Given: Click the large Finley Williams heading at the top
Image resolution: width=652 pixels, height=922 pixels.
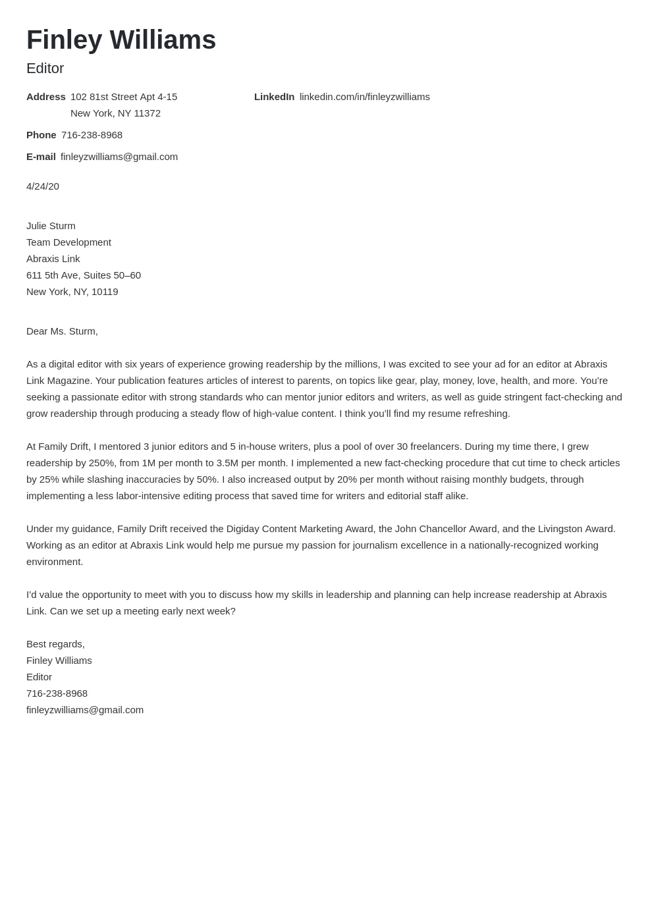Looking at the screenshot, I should (121, 40).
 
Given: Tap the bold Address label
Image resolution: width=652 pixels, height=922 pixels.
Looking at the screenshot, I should (46, 97).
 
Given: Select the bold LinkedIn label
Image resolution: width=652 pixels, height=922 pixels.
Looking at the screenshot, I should (274, 97).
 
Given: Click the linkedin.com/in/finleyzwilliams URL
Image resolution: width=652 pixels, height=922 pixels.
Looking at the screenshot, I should (364, 97).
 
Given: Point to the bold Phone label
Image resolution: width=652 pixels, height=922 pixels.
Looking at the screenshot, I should (41, 135).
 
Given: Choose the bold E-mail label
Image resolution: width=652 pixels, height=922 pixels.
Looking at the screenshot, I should (41, 157).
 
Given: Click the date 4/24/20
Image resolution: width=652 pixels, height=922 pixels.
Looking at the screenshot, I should (43, 186).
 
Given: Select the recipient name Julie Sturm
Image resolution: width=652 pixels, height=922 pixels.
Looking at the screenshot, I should (51, 226).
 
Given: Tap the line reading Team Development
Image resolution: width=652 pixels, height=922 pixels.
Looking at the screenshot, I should (68, 242).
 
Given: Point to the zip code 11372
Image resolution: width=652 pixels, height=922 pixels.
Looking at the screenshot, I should (147, 113).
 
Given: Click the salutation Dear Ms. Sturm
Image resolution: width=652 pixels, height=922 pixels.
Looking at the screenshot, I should (62, 331).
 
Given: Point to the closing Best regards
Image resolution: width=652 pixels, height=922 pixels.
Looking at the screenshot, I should (55, 644).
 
